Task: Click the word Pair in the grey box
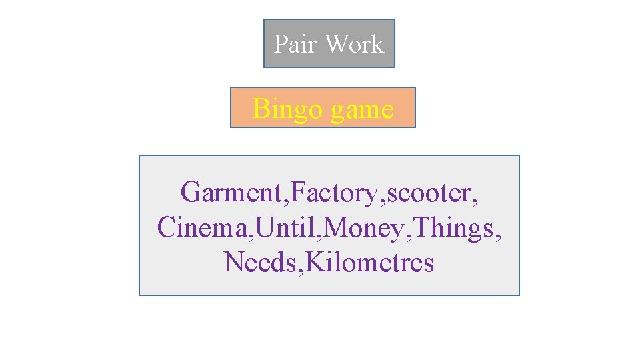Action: tap(295, 44)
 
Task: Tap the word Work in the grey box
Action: tap(354, 44)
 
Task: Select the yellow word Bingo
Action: tap(283, 109)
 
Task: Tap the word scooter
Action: tap(429, 193)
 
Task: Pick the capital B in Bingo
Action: tap(261, 108)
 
